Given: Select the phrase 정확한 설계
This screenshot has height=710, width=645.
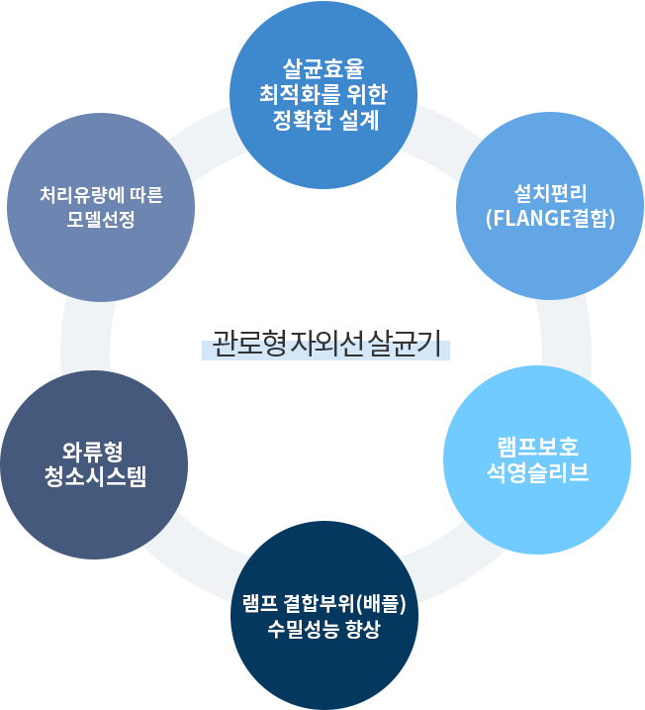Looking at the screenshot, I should click(323, 121).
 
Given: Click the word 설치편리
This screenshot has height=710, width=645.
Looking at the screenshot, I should click(551, 194).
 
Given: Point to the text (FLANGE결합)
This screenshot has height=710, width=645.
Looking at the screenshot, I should click(551, 219).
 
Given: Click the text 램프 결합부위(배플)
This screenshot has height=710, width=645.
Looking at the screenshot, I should click(324, 604).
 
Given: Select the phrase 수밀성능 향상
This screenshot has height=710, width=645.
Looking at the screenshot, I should click(324, 630).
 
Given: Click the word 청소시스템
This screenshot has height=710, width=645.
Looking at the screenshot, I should click(95, 477).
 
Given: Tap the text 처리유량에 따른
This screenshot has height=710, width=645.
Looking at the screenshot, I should click(101, 195).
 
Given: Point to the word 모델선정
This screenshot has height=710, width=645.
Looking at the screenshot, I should click(101, 220).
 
